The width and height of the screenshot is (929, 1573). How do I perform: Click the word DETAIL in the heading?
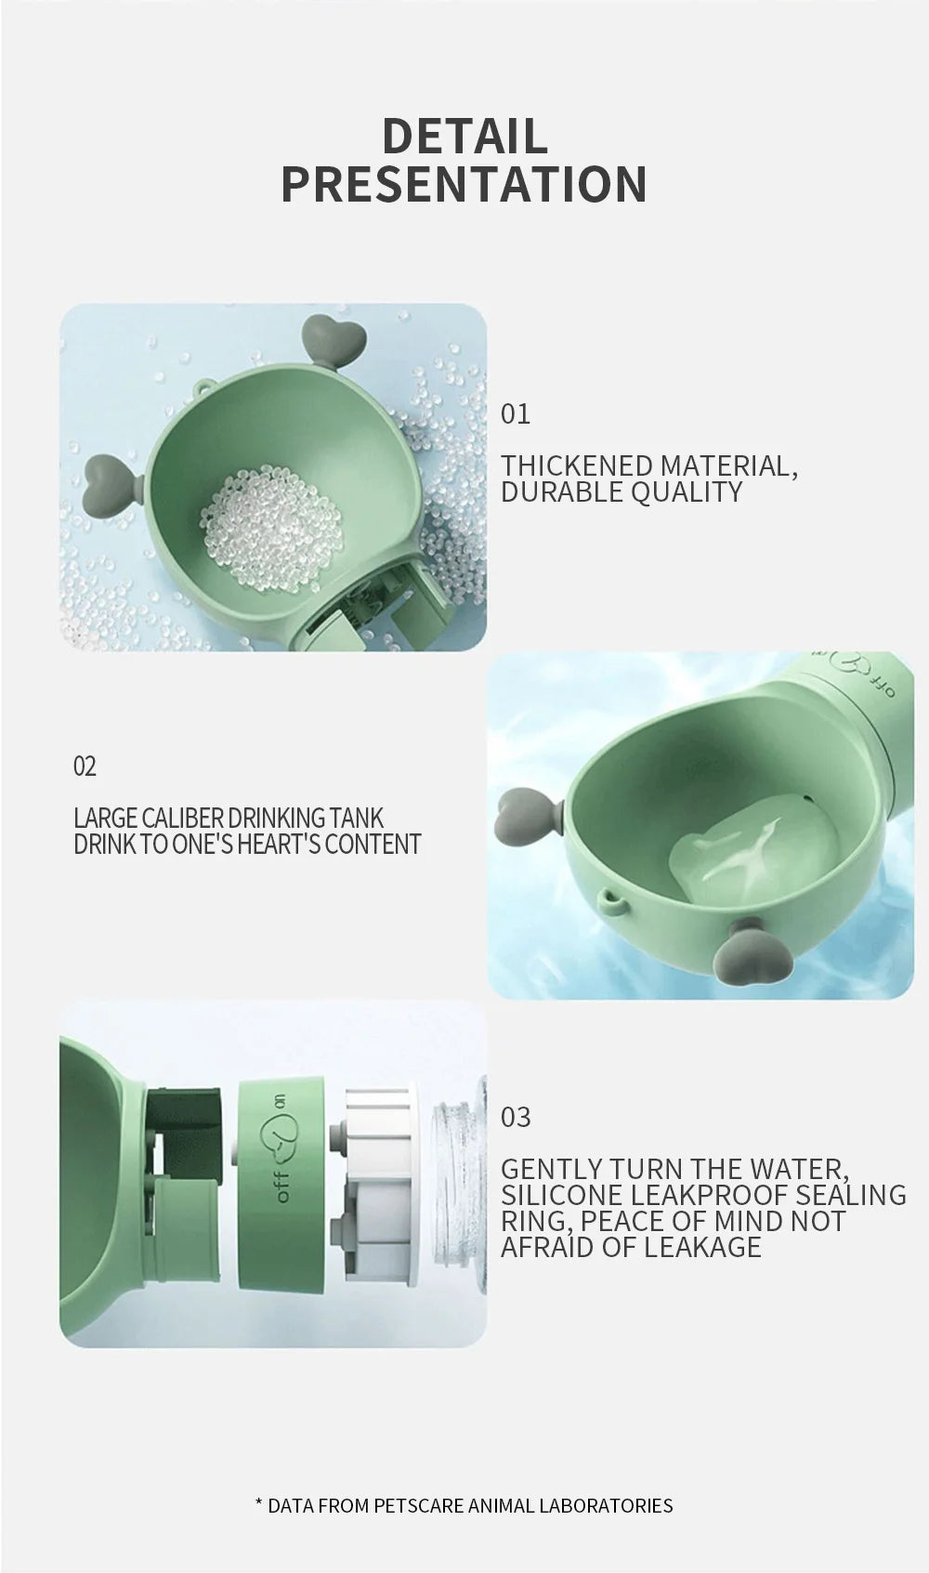pyautogui.click(x=464, y=136)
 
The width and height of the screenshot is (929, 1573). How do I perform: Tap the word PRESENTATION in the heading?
pyautogui.click(x=464, y=184)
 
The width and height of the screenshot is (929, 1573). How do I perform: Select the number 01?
pyautogui.click(x=516, y=414)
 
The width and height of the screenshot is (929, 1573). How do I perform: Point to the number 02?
pyautogui.click(x=85, y=767)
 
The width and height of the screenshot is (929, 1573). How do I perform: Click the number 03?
pyautogui.click(x=517, y=1117)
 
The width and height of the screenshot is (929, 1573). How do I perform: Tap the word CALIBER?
pyautogui.click(x=182, y=819)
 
